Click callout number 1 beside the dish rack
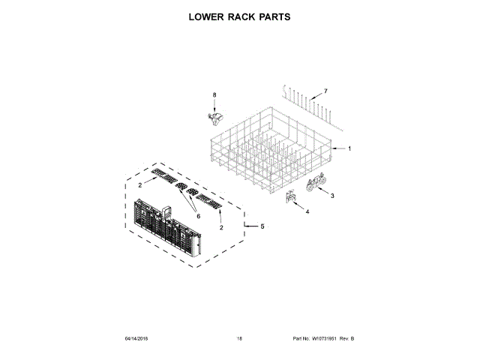click(x=349, y=148)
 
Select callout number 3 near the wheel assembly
click(x=332, y=196)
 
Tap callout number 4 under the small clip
click(x=306, y=212)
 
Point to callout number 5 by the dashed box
click(x=262, y=226)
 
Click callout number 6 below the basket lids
click(x=199, y=216)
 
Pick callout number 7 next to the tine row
click(x=325, y=91)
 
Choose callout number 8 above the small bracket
click(x=214, y=95)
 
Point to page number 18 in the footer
click(x=239, y=338)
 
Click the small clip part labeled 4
click(x=291, y=197)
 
